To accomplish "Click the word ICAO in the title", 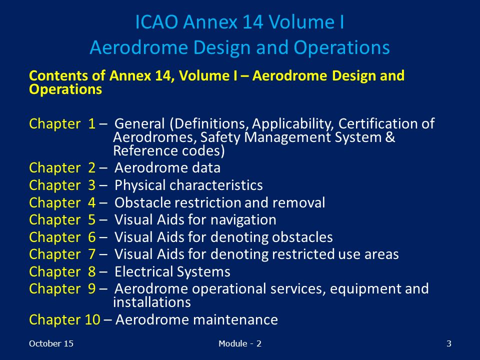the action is click(x=156, y=22).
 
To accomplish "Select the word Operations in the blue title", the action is click(x=341, y=48).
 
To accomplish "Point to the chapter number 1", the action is click(x=92, y=123).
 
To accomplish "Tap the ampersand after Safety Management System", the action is click(x=390, y=137).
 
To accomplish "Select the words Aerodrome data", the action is click(x=167, y=168).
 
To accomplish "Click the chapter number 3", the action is click(x=92, y=185).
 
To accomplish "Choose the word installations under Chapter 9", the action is click(x=152, y=302).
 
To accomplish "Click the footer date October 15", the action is click(x=51, y=344).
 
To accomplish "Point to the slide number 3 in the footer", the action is click(x=449, y=344).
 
